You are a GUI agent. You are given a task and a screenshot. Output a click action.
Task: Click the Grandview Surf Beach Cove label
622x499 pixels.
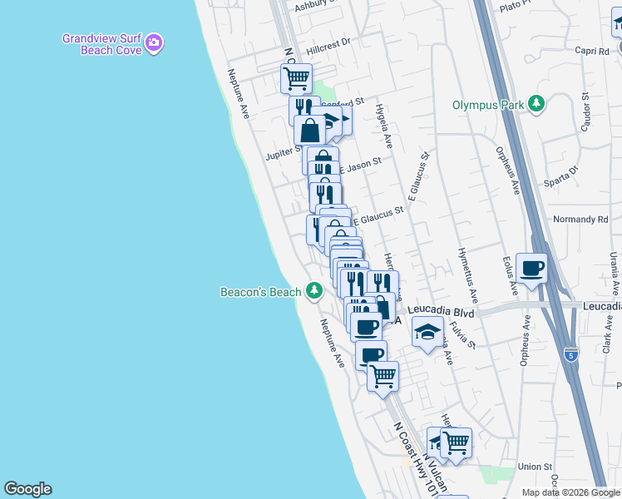101,43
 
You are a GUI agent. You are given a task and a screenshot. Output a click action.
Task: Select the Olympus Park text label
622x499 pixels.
488,105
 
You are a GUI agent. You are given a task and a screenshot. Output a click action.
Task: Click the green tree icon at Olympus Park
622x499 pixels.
537,103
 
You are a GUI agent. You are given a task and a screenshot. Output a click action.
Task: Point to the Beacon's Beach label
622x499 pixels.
260,292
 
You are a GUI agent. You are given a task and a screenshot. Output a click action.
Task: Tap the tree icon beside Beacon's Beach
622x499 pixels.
313,290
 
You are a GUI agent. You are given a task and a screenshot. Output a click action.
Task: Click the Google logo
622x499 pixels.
27,489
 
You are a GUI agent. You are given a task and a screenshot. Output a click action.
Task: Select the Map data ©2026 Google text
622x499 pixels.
570,492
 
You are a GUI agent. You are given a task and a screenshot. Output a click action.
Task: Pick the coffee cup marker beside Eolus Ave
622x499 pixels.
531,269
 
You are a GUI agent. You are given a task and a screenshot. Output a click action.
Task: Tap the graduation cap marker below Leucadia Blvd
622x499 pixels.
427,333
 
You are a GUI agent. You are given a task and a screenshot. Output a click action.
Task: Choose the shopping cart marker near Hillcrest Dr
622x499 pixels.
296,79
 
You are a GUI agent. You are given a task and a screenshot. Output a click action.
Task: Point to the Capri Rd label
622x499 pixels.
591,51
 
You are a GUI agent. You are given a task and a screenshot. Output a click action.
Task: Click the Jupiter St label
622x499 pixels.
283,153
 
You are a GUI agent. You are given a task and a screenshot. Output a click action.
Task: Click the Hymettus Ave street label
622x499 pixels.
468,275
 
